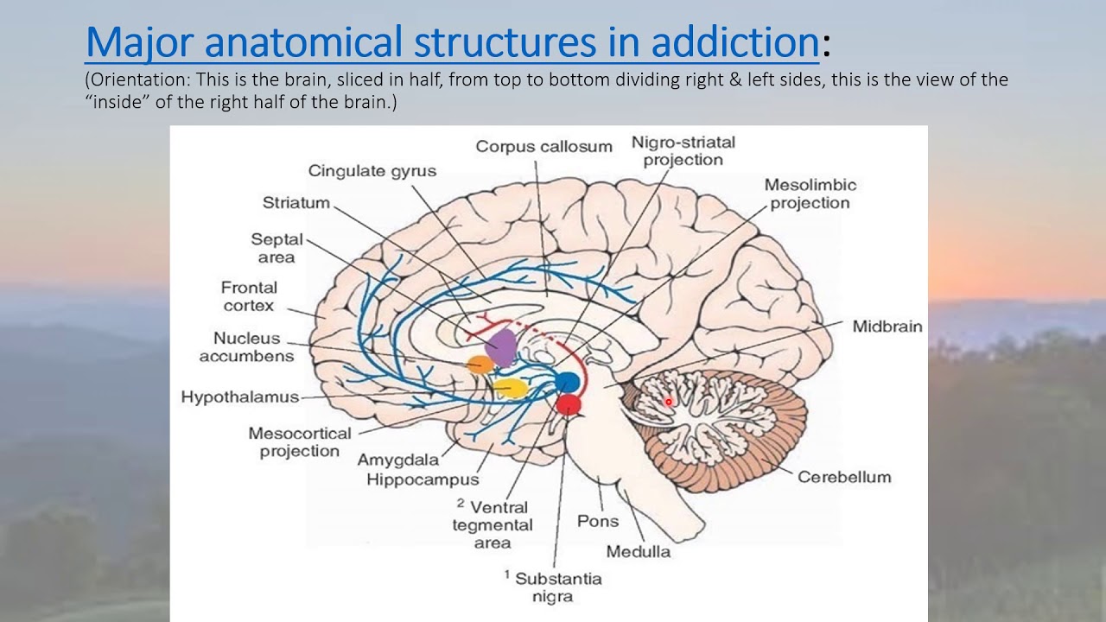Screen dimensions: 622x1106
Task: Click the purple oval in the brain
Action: tap(501, 346)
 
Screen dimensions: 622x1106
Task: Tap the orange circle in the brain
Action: tap(479, 365)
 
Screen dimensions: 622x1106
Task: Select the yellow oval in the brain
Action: tap(510, 387)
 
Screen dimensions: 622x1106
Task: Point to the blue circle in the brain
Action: tap(567, 382)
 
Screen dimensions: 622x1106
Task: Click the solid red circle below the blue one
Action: tap(568, 403)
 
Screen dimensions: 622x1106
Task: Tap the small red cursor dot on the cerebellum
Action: tap(668, 402)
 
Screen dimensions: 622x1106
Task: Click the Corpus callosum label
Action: tap(543, 147)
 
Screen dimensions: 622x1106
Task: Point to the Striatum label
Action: tap(296, 203)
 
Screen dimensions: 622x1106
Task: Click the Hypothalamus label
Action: tap(239, 397)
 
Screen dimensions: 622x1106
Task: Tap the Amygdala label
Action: tap(398, 460)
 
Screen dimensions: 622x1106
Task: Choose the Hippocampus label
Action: tap(423, 479)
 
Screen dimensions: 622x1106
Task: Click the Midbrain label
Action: tap(887, 327)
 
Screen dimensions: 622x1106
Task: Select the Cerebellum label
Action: tap(843, 477)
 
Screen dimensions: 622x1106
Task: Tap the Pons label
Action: tap(598, 521)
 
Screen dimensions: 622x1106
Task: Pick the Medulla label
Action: tap(638, 551)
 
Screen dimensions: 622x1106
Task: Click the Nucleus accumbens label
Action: tap(247, 347)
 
